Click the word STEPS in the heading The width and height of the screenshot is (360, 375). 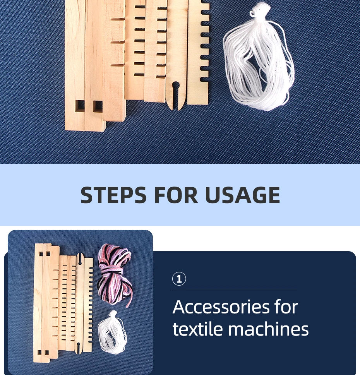(x=113, y=195)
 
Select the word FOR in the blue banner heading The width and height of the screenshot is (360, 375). (x=176, y=195)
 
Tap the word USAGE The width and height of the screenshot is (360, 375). (x=243, y=195)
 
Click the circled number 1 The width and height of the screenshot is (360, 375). (x=179, y=279)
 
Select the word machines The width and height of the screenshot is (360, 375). (x=268, y=329)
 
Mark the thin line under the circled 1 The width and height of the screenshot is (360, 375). (x=235, y=290)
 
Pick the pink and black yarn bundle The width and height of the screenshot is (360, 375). (x=114, y=274)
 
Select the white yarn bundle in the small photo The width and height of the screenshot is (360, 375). (x=112, y=332)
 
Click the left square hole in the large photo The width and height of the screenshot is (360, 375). (x=80, y=106)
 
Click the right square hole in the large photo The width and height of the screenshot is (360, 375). (x=98, y=106)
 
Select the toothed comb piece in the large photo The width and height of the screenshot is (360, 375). (x=198, y=52)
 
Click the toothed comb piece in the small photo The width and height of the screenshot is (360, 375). (x=88, y=305)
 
